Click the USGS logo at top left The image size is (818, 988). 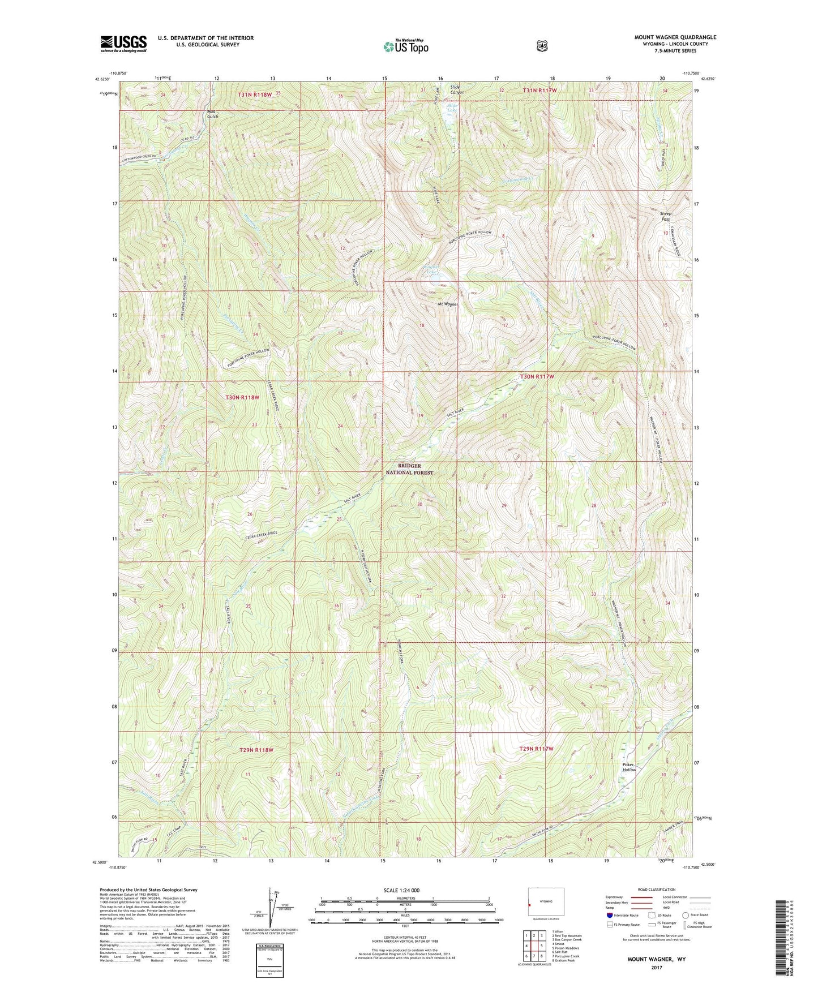click(x=123, y=43)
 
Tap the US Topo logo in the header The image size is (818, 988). click(x=405, y=46)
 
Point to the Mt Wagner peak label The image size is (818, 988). click(x=447, y=304)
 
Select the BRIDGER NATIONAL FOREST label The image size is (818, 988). click(x=409, y=469)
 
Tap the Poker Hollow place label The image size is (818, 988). click(x=629, y=767)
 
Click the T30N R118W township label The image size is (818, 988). click(x=242, y=397)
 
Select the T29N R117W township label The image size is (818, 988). click(x=536, y=749)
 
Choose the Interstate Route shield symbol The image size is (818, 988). click(x=609, y=915)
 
